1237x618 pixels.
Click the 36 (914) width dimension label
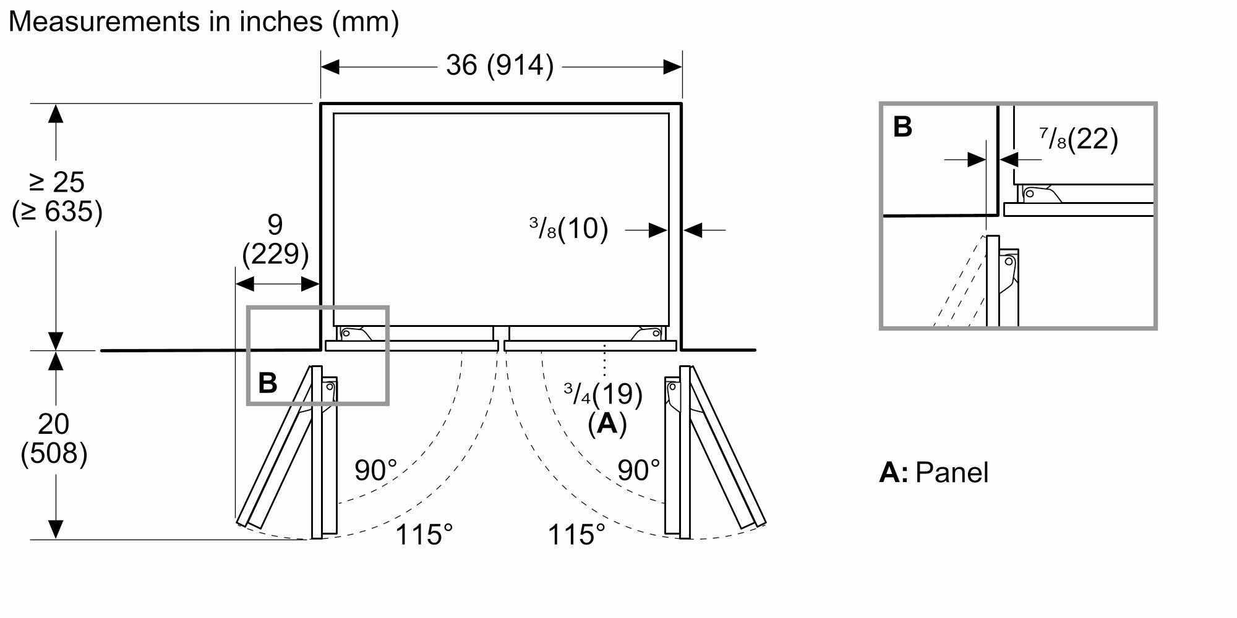point(500,66)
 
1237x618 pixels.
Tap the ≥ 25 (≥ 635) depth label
point(57,197)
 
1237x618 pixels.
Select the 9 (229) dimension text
point(275,239)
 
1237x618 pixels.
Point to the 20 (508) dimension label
point(54,439)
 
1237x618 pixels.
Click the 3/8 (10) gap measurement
point(568,229)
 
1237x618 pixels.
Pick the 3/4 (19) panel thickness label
point(602,393)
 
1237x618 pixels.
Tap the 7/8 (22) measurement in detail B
point(1079,139)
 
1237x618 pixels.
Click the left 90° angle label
point(375,470)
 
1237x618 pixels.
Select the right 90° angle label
point(638,470)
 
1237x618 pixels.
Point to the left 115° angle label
point(424,535)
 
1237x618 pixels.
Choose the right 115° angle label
point(576,535)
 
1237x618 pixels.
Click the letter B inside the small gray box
point(267,383)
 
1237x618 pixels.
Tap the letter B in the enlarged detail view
point(902,127)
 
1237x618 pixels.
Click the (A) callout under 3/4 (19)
point(607,424)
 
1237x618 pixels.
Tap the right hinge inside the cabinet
point(646,334)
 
